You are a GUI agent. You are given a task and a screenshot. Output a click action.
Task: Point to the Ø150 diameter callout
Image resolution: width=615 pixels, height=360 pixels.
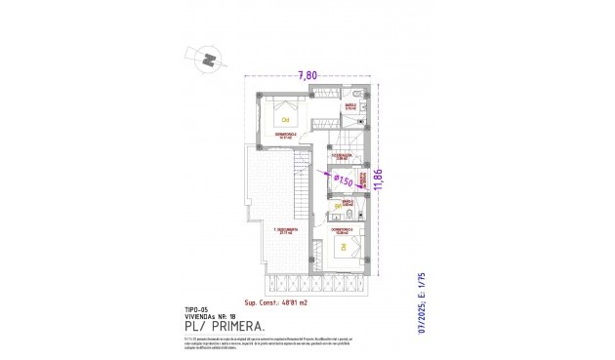(343, 180)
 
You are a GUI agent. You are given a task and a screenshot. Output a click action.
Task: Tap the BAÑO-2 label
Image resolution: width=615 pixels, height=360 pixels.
(349, 105)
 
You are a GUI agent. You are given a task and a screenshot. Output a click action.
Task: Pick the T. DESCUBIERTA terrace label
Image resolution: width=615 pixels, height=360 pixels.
(285, 230)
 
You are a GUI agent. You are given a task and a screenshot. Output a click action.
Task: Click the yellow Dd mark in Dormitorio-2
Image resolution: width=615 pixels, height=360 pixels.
(285, 119)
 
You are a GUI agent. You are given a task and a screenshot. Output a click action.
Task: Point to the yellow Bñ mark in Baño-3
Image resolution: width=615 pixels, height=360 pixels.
(338, 207)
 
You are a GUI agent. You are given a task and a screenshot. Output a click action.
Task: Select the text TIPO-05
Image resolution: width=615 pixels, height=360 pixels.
(197, 308)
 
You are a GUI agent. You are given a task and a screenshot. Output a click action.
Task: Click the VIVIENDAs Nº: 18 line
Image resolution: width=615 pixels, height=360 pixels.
(211, 316)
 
